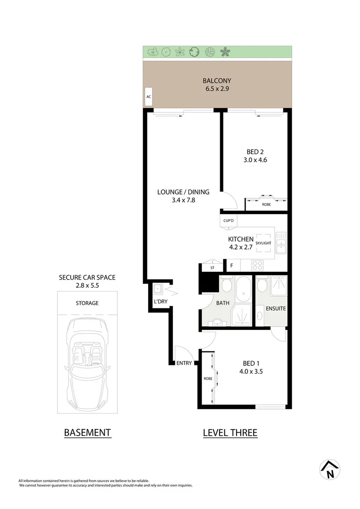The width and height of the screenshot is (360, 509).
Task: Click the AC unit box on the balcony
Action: [149, 97]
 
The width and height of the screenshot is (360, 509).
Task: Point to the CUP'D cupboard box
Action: [228, 221]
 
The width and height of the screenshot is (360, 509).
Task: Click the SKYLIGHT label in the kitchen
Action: [263, 243]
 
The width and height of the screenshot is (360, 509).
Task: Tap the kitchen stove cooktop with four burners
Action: [257, 265]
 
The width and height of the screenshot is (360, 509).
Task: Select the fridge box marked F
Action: [232, 265]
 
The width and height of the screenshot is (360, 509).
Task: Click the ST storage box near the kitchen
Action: [212, 267]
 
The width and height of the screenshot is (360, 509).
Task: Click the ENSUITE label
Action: [275, 308]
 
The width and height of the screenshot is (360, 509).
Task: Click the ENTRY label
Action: [184, 363]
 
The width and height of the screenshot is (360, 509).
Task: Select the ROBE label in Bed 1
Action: [208, 379]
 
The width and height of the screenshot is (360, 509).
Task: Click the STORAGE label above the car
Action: [87, 303]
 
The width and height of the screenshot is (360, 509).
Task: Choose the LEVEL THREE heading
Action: [230, 433]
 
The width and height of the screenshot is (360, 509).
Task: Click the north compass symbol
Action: [330, 470]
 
